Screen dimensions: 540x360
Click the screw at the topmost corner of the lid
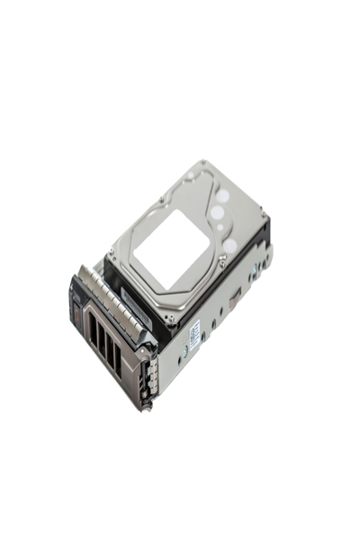[203, 164]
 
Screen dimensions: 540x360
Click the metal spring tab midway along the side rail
[229, 301]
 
